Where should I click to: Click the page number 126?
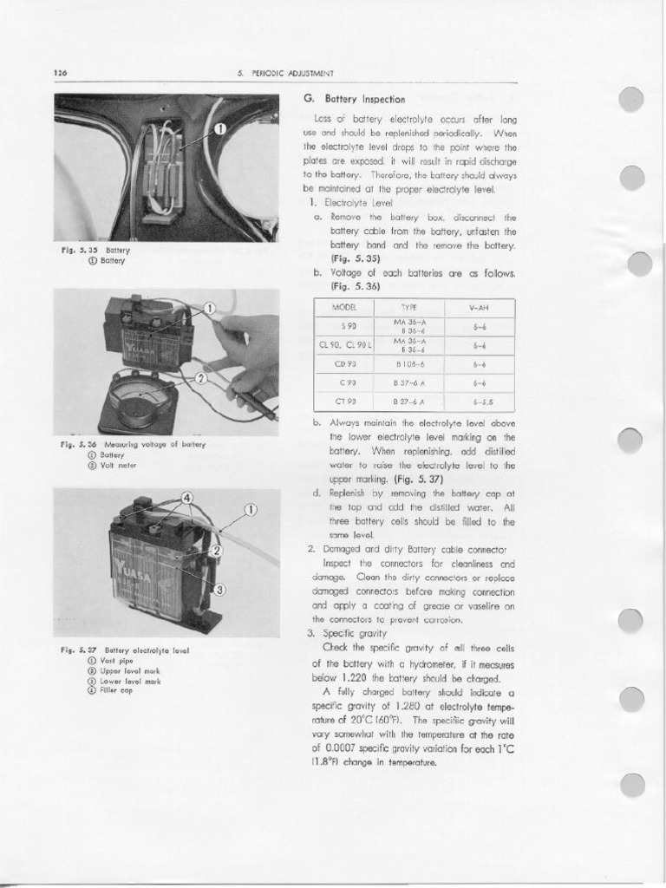[x=61, y=73]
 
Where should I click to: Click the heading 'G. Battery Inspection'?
[x=355, y=99]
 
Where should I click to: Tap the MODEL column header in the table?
[x=344, y=308]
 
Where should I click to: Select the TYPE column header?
[x=409, y=308]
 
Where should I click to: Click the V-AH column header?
[x=479, y=308]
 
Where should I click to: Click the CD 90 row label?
[x=345, y=363]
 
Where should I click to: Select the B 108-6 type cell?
[x=408, y=363]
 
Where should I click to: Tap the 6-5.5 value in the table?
[x=479, y=401]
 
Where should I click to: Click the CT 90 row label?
[x=345, y=401]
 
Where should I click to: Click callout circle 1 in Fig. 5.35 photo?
[x=219, y=129]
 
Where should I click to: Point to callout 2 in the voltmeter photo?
[x=201, y=377]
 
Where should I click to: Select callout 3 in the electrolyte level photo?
[x=220, y=590]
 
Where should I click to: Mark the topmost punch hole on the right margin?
[x=632, y=100]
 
